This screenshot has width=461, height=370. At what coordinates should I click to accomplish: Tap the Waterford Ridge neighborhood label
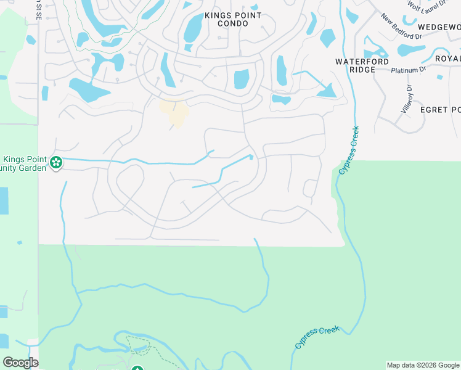(x=362, y=65)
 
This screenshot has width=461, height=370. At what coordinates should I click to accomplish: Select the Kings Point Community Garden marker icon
(x=56, y=163)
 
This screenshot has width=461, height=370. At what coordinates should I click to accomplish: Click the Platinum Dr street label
(x=409, y=70)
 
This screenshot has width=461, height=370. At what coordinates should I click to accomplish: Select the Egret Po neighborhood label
(x=440, y=110)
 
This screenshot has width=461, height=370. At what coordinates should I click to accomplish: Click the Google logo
(x=20, y=363)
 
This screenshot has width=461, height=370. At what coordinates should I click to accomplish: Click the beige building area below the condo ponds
(x=175, y=112)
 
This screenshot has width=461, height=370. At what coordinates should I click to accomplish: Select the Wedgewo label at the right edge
(x=439, y=28)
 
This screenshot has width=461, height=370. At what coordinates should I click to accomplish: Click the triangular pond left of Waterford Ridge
(x=327, y=91)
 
